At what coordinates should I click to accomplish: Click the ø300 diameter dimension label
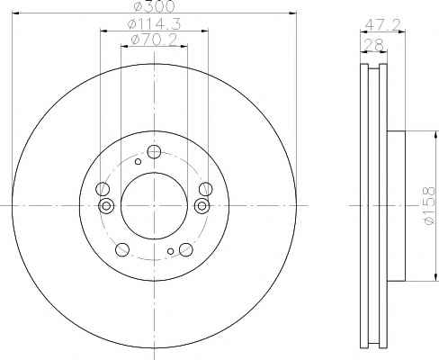pyautogui.click(x=154, y=6)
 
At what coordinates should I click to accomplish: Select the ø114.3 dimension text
pyautogui.click(x=154, y=24)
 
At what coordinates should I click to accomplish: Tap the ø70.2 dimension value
pyautogui.click(x=154, y=40)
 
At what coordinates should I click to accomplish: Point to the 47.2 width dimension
pyautogui.click(x=383, y=24)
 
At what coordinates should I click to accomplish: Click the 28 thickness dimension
pyautogui.click(x=373, y=45)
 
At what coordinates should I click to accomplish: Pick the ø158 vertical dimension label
pyautogui.click(x=428, y=205)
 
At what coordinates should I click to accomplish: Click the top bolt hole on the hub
pyautogui.click(x=154, y=152)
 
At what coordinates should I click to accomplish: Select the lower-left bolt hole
pyautogui.click(x=122, y=249)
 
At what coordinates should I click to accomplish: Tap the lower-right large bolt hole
pyautogui.click(x=185, y=249)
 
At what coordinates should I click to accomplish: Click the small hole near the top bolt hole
pyautogui.click(x=138, y=162)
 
